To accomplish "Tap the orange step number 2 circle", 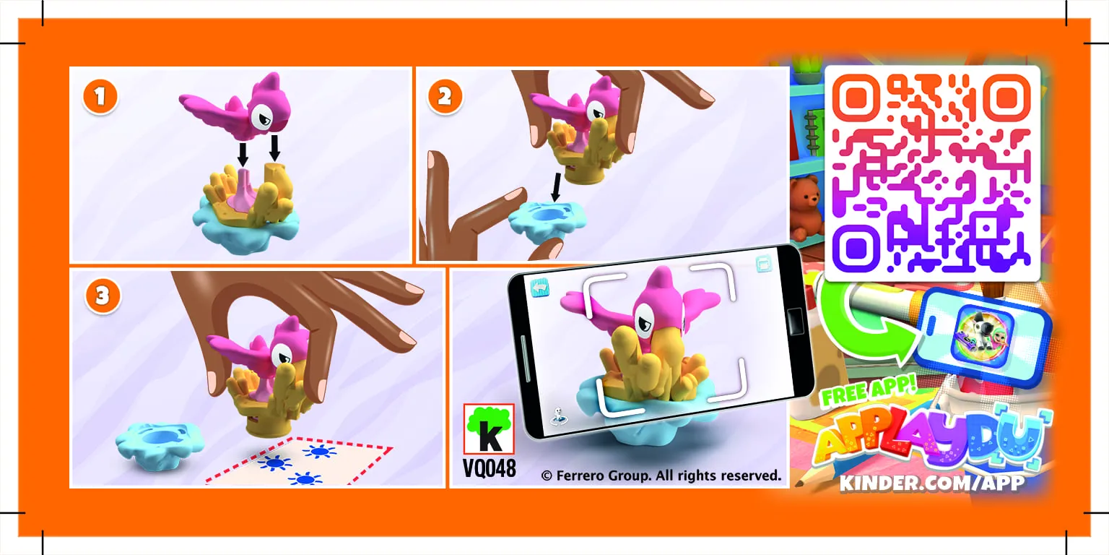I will (x=445, y=98).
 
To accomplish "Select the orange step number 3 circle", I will (x=102, y=296).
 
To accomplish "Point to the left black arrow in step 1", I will (x=243, y=153).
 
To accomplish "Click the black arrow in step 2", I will (x=554, y=187).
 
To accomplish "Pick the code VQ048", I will (x=490, y=468).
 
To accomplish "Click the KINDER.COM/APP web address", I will (x=931, y=483).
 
